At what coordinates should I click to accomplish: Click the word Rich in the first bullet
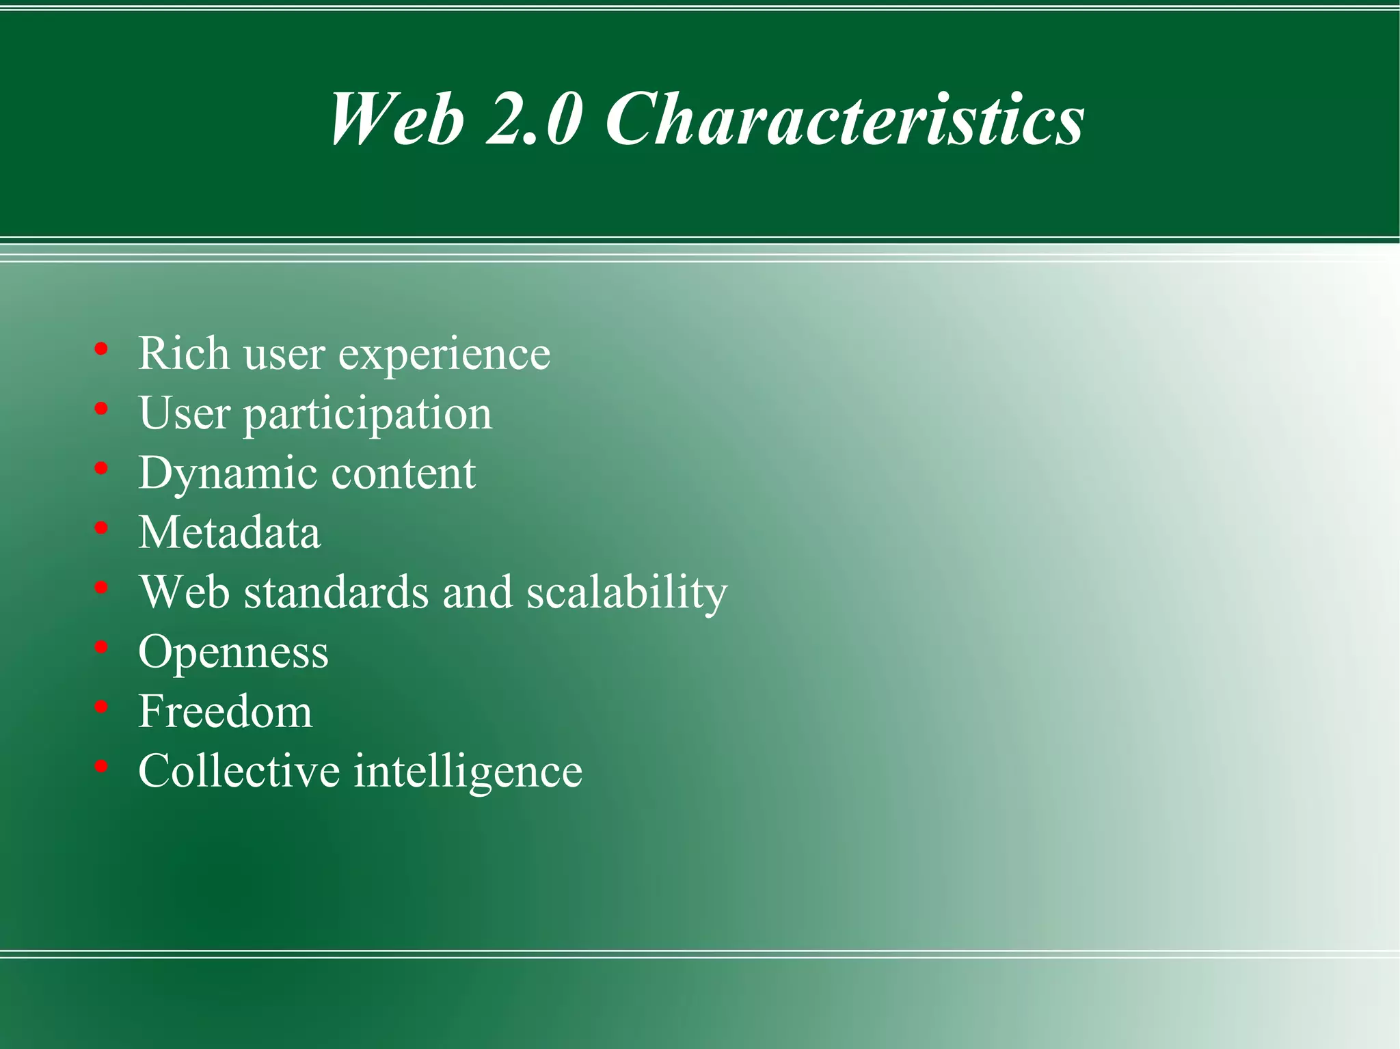(x=183, y=353)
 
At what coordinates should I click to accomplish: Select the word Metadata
(x=229, y=532)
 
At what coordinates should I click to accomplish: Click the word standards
(x=336, y=592)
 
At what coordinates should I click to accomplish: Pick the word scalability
(x=627, y=593)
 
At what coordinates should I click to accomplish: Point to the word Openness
(x=233, y=653)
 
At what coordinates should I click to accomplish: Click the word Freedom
(x=225, y=711)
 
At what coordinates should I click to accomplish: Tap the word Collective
(x=239, y=771)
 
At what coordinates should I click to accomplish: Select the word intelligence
(x=468, y=772)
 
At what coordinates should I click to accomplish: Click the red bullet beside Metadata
(x=102, y=528)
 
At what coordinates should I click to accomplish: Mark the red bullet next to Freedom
(x=102, y=707)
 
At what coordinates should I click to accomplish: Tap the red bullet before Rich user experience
(x=102, y=349)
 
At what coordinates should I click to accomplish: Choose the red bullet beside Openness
(x=102, y=646)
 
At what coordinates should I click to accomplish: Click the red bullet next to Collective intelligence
(x=102, y=766)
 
